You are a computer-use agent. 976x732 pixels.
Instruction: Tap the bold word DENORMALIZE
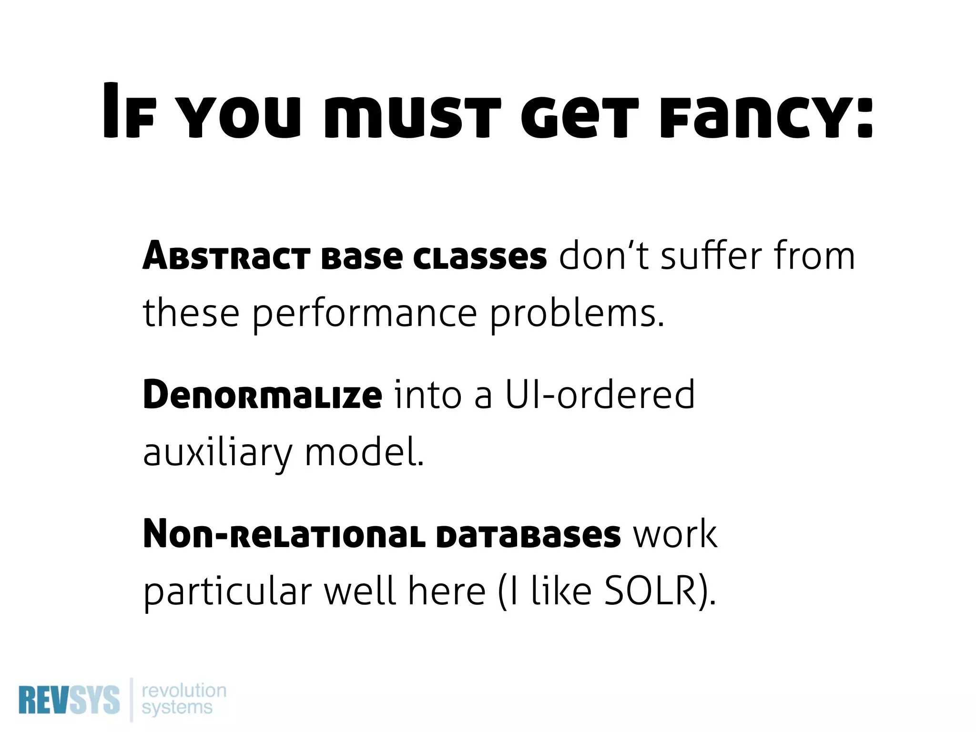coord(262,396)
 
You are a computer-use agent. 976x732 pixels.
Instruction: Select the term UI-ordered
coord(600,396)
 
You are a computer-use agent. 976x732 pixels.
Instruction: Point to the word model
coord(365,453)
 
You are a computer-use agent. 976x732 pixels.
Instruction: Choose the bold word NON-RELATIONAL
coord(284,535)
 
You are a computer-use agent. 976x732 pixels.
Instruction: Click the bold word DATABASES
coord(529,535)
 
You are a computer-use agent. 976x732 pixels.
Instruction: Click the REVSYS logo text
coord(69,700)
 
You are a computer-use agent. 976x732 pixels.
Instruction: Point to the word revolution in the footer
coord(184,690)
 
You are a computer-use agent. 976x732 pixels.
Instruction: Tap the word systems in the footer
coord(177,707)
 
